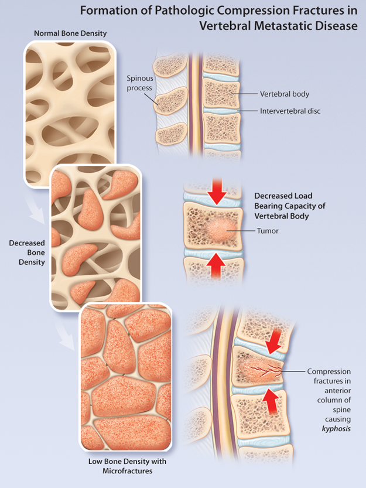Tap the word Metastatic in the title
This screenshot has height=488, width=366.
point(272,26)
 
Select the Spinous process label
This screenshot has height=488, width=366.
point(139,83)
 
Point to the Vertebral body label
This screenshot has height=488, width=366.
point(285,94)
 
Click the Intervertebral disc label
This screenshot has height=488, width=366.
point(290,110)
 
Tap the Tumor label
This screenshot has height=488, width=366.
point(268,231)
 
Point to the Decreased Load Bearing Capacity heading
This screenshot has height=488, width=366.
point(289,206)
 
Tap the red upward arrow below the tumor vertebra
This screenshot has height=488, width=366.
point(217,267)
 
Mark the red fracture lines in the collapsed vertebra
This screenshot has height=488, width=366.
point(264,369)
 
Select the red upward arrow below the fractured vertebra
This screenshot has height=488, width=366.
point(271,400)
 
